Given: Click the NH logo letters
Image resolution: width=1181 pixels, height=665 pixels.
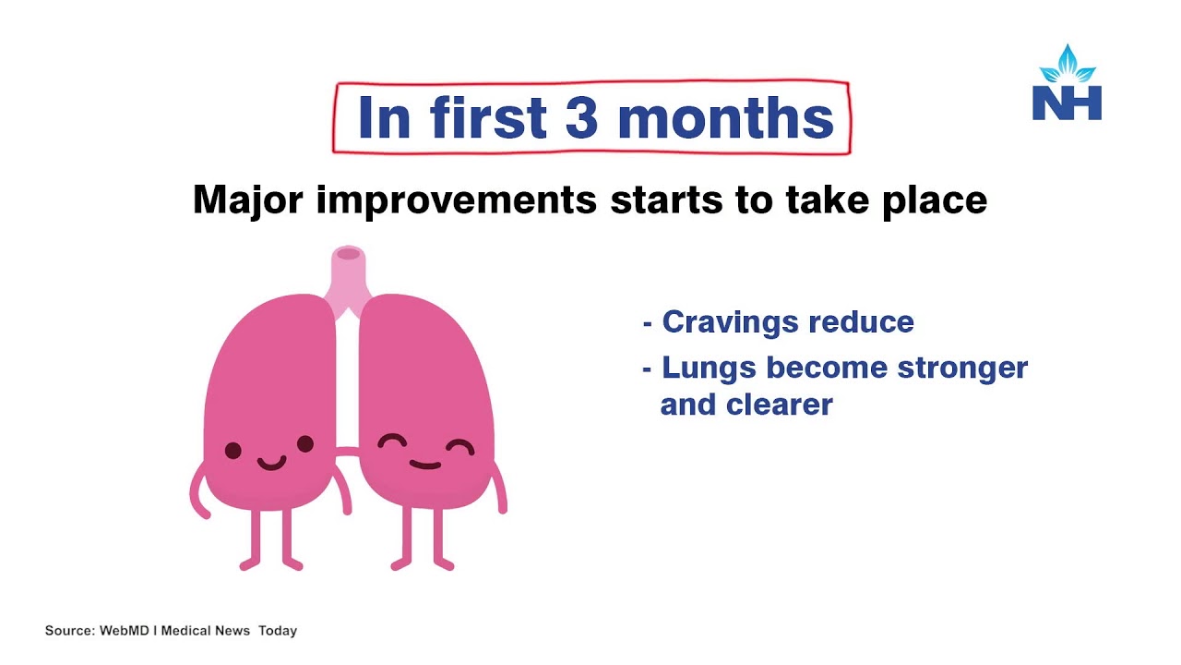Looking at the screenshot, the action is click(x=1067, y=103).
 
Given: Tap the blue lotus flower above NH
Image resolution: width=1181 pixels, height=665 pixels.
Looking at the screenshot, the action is click(x=1068, y=64).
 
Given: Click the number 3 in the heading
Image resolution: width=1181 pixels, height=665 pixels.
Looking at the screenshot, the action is click(x=581, y=117).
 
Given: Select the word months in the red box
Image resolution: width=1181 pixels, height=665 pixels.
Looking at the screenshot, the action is click(x=725, y=117).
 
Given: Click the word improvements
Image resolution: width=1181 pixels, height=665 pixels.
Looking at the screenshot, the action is click(x=457, y=201).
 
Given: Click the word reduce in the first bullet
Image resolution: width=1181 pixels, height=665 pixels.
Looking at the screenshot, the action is click(x=861, y=322).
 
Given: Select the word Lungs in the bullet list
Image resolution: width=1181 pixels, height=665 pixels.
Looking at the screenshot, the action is click(x=709, y=369).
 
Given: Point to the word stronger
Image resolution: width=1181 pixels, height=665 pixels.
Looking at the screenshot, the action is click(x=962, y=369).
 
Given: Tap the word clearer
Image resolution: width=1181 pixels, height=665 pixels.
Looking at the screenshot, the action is click(x=780, y=405).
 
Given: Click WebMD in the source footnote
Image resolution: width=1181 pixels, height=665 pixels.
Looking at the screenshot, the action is click(x=124, y=630).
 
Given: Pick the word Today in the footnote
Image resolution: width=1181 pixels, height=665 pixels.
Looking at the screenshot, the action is click(x=278, y=631).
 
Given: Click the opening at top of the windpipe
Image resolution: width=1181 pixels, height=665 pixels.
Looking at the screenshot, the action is click(x=348, y=254).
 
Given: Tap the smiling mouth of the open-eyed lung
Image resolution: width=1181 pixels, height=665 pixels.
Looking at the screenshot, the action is click(x=271, y=464).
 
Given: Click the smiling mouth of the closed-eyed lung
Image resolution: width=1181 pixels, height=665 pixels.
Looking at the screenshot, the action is click(x=425, y=465).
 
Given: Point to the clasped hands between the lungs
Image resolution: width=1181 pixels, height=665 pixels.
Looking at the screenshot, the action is click(x=347, y=452).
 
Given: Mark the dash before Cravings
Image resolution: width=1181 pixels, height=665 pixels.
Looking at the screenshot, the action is click(x=648, y=323).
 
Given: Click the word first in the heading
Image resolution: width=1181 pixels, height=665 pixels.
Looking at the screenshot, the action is click(x=487, y=117).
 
